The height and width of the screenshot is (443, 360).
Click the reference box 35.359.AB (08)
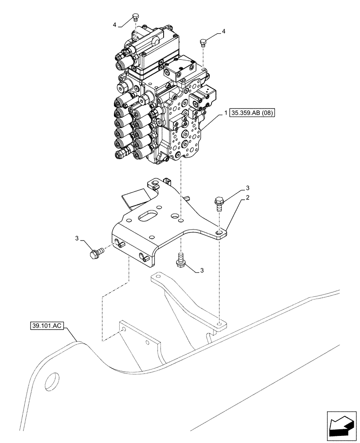coord(252,113)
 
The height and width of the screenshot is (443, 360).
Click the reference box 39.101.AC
coord(46,326)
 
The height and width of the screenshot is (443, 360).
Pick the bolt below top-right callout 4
coord(203,42)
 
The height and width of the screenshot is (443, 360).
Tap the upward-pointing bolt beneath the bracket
coord(181,259)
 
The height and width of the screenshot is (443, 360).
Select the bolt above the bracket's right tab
coord(219,202)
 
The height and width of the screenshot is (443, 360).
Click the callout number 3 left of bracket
coord(78,239)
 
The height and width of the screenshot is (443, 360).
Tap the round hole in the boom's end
coord(52,381)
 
